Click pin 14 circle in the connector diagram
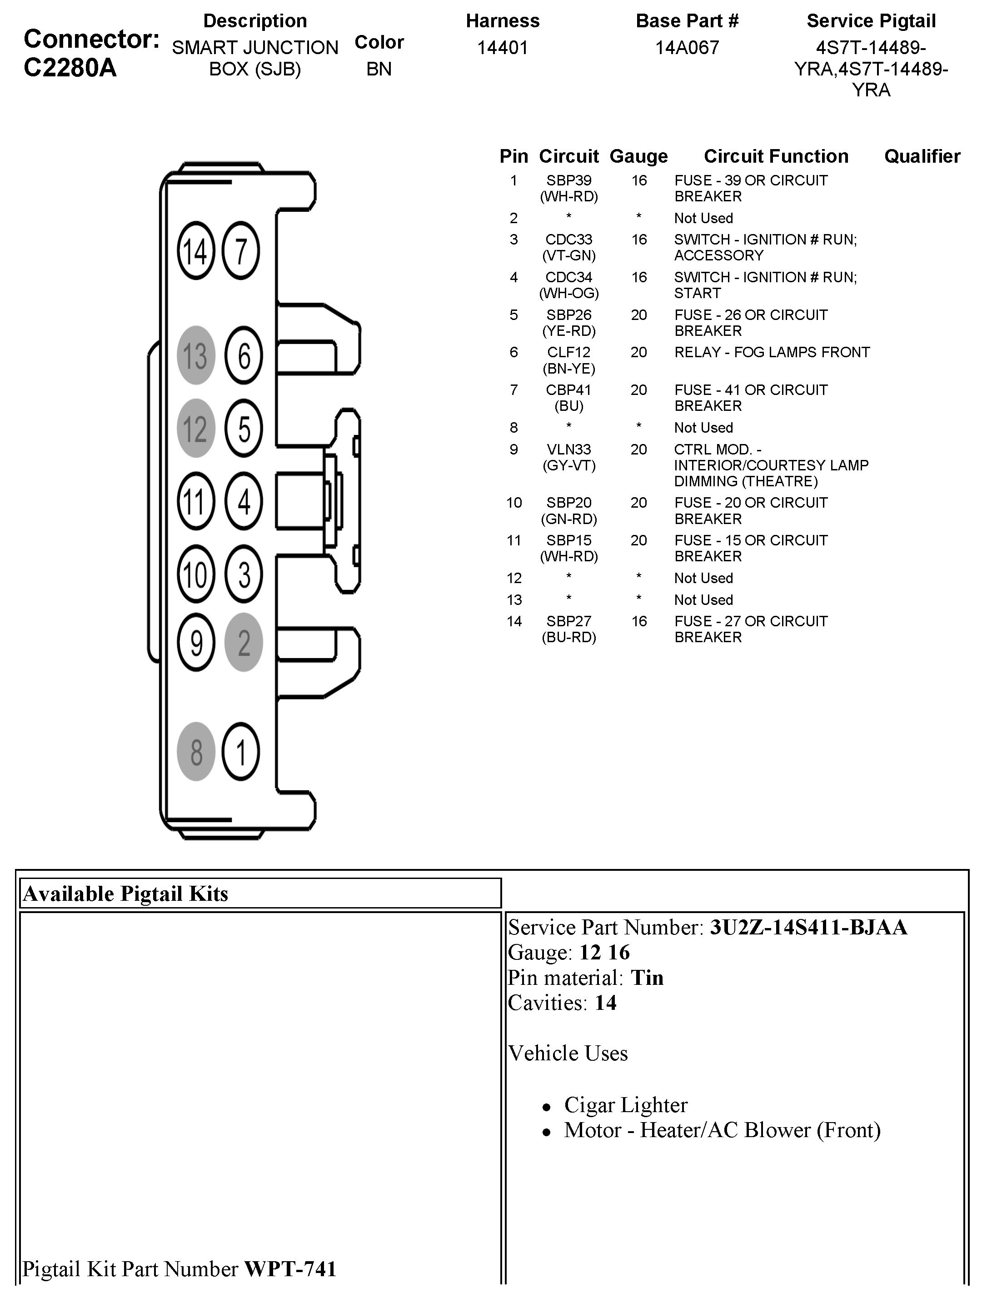[196, 251]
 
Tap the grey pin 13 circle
[196, 355]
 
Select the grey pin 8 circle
[196, 752]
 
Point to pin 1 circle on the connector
[241, 752]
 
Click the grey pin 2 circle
[243, 642]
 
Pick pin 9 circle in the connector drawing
[196, 642]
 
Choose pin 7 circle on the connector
[241, 251]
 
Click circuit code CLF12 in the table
[568, 353]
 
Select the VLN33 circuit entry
[568, 449]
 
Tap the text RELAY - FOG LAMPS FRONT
[772, 353]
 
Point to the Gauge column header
[638, 156]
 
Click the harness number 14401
[502, 48]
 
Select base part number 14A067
[687, 48]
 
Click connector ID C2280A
[70, 68]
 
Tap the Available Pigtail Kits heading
[125, 894]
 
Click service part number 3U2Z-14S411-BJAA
[808, 927]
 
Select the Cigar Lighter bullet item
[625, 1105]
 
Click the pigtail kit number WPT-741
[290, 1269]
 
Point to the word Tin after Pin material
[647, 978]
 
